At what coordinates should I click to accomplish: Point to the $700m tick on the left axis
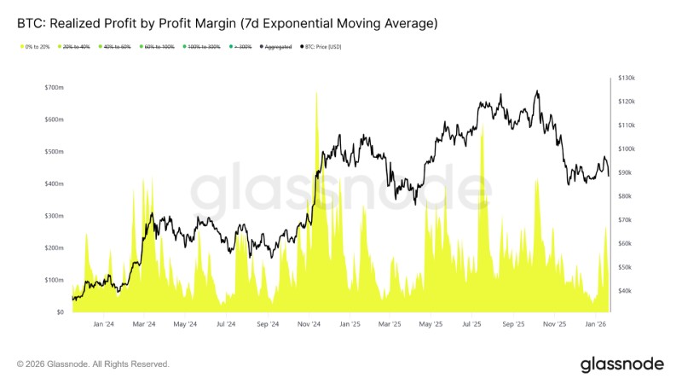coord(55,88)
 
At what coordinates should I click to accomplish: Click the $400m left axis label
coord(55,184)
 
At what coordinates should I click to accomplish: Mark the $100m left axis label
coord(55,280)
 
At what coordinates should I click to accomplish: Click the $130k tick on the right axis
coord(627,78)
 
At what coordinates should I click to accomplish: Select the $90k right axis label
coord(627,172)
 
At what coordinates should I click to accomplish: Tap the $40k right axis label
coord(627,291)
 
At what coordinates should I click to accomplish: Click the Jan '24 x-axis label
coord(104,324)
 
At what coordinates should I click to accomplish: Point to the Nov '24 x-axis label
coord(309,324)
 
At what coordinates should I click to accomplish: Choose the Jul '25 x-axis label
coord(471,324)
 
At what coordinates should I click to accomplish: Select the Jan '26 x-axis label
coord(596,324)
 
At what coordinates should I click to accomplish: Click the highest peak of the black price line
coord(536,91)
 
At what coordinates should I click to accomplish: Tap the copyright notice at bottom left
coord(93,364)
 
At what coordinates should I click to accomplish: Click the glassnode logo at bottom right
coord(621,364)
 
